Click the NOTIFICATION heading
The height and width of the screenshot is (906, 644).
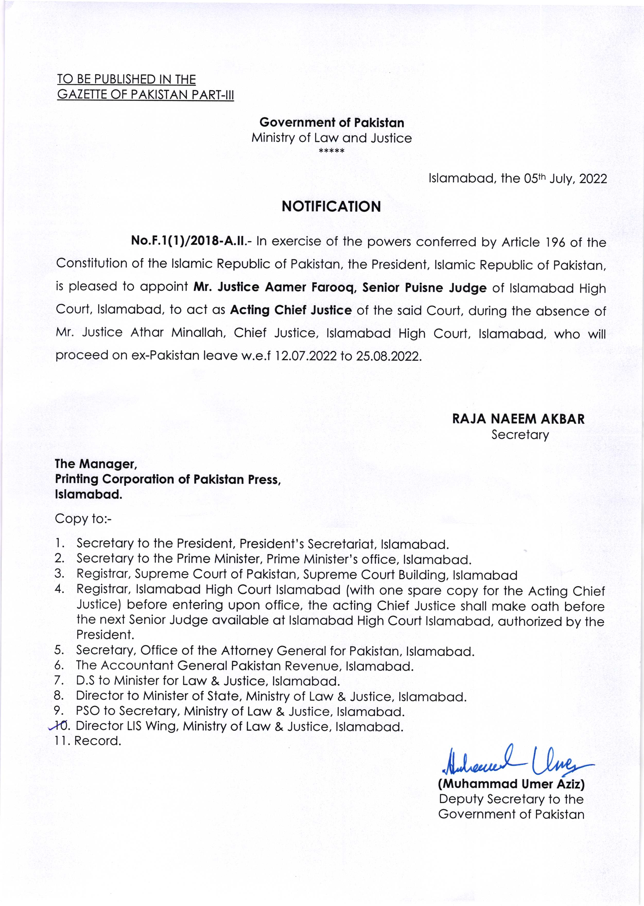331,207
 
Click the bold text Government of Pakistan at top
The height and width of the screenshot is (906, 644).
332,123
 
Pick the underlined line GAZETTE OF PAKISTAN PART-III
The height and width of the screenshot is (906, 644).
145,96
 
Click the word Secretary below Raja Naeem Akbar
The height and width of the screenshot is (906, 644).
520,435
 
